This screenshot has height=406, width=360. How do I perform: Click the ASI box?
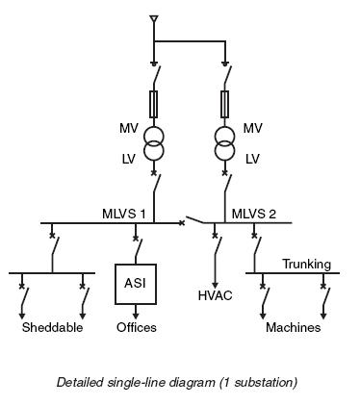[x=135, y=283]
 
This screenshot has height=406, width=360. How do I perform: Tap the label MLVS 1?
[x=124, y=214]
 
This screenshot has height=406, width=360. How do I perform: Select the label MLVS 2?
[x=253, y=214]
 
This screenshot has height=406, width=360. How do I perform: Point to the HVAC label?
[x=215, y=295]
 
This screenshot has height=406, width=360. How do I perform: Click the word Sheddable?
[x=52, y=328]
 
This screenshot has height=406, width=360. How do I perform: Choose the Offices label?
[x=136, y=328]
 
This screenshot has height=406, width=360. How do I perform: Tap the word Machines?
[x=293, y=328]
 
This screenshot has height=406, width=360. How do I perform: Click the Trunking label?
[x=306, y=264]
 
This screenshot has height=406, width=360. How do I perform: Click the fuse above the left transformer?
[x=154, y=102]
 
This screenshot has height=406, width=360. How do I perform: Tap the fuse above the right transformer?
[x=224, y=102]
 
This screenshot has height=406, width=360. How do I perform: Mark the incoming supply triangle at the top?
[x=153, y=19]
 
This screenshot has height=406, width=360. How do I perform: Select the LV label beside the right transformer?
[x=253, y=158]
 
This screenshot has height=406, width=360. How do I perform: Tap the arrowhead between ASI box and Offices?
[x=136, y=314]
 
